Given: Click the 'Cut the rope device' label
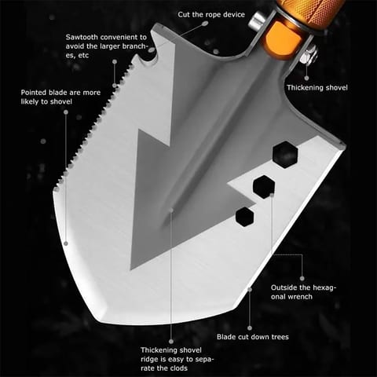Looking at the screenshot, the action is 211,15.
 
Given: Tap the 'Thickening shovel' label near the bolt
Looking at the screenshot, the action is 317,87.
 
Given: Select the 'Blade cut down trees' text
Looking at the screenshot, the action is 253,337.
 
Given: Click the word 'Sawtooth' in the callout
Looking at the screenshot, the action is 82,37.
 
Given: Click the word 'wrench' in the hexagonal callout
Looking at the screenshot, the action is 300,297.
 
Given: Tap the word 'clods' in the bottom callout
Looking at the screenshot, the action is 178,368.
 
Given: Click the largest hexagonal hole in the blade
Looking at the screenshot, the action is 285,155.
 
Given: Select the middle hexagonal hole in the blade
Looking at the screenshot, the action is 264,187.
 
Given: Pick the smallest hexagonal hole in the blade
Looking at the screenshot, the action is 245,217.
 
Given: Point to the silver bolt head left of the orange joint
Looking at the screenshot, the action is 257,20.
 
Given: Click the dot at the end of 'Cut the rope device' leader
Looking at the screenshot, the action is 205,24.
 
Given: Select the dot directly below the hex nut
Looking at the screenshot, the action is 306,78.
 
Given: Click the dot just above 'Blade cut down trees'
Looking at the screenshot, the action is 250,328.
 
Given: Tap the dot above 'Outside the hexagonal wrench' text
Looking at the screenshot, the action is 302,279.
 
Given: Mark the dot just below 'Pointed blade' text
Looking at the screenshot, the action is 66,112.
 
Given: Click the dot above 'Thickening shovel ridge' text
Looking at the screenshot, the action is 171,342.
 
